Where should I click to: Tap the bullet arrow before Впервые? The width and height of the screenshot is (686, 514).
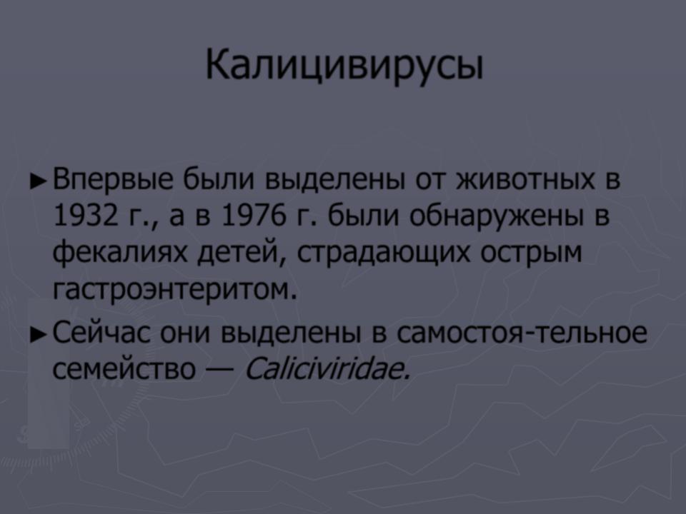coord(38,181)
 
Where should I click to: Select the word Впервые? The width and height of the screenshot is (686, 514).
coord(113,180)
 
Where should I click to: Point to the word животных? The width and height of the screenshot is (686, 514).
coord(526,179)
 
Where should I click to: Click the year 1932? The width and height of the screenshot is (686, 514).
coord(86,216)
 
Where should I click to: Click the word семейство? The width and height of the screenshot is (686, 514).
coord(124,369)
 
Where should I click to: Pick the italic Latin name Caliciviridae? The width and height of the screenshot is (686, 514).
coord(327,369)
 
